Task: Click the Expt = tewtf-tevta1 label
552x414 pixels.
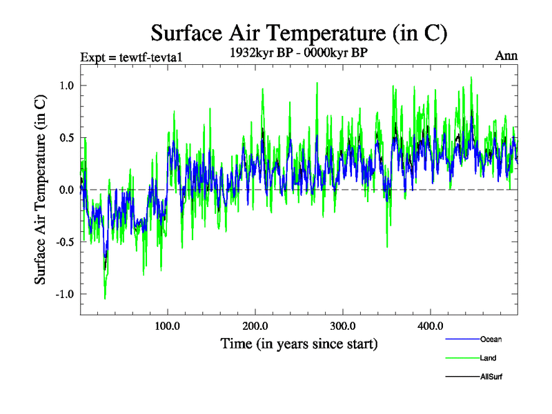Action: pyautogui.click(x=131, y=57)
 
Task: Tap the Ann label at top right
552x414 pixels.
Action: pyautogui.click(x=506, y=56)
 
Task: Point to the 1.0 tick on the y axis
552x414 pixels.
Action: pyautogui.click(x=66, y=86)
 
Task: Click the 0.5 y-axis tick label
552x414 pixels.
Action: pyautogui.click(x=66, y=137)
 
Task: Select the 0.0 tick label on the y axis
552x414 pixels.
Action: pyautogui.click(x=66, y=190)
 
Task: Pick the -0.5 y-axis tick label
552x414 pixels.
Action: pyautogui.click(x=64, y=242)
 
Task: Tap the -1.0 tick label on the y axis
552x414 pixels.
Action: pyautogui.click(x=64, y=294)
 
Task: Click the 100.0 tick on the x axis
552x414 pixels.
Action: pyautogui.click(x=168, y=325)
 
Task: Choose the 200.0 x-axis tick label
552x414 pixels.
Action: pyautogui.click(x=255, y=325)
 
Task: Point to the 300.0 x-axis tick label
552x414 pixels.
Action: pyautogui.click(x=343, y=325)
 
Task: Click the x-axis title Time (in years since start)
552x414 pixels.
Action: pyautogui.click(x=299, y=343)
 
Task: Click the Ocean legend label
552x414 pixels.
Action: pyautogui.click(x=491, y=339)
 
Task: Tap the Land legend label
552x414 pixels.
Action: pyautogui.click(x=488, y=358)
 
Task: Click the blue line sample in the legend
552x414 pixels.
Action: pyautogui.click(x=462, y=339)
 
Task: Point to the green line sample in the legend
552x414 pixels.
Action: pyautogui.click(x=462, y=358)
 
